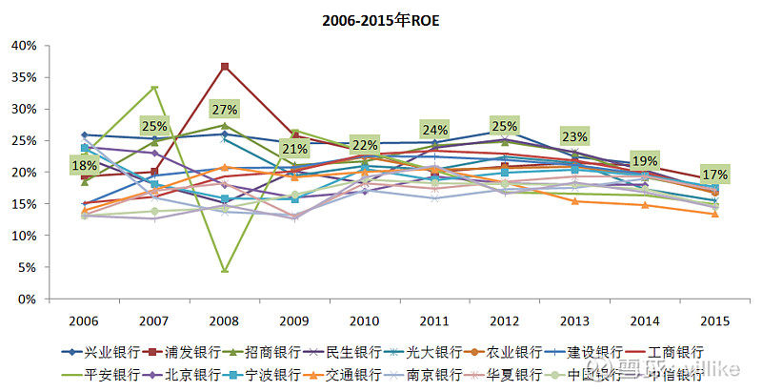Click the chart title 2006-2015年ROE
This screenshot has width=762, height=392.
click(381, 19)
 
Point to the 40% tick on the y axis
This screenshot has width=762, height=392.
click(23, 46)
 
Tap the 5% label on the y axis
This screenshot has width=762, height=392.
click(26, 267)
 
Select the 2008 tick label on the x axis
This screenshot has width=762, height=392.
click(224, 320)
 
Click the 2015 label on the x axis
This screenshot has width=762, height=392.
click(715, 320)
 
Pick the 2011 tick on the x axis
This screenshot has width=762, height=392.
click(434, 320)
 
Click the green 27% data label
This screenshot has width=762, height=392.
click(224, 108)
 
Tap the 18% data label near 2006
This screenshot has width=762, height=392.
click(85, 165)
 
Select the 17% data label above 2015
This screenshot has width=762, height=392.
click(714, 175)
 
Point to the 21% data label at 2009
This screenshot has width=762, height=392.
click(294, 149)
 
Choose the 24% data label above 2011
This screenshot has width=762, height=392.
click(434, 130)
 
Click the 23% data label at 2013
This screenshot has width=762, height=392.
click(574, 136)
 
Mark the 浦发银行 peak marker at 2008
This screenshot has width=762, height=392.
click(224, 67)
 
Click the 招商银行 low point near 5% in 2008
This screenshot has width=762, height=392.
click(224, 270)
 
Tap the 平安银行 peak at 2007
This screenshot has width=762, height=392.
click(154, 88)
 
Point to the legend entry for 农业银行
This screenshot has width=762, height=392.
click(487, 353)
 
